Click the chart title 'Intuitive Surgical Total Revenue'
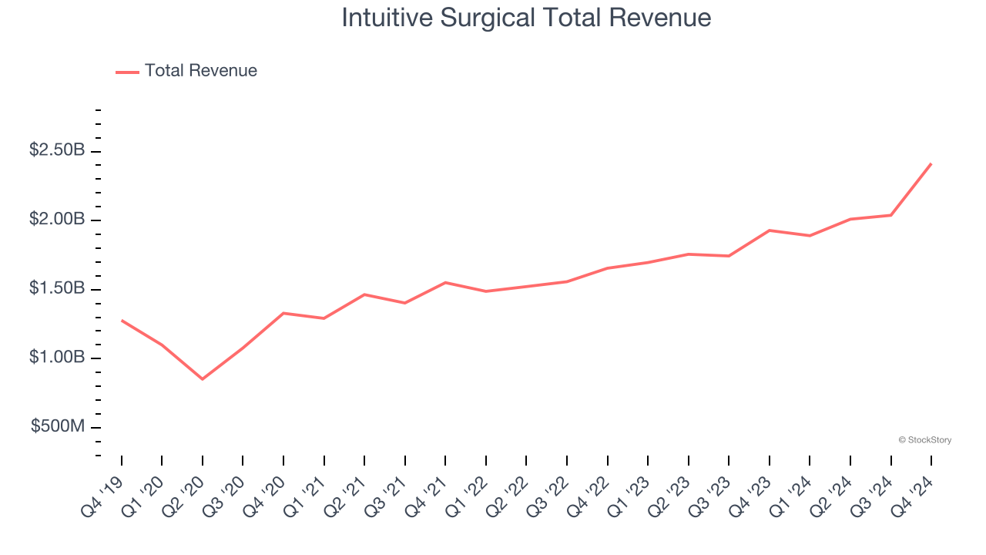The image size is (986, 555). click(x=526, y=18)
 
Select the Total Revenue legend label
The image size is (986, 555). click(x=200, y=71)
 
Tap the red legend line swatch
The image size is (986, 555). click(x=127, y=72)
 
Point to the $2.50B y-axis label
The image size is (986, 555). click(x=57, y=150)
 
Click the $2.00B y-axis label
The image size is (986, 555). click(x=57, y=220)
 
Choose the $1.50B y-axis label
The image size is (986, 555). click(x=57, y=288)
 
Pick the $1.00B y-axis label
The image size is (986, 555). click(x=57, y=358)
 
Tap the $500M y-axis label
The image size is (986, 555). click(x=58, y=426)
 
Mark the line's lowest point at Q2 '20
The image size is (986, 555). click(x=203, y=379)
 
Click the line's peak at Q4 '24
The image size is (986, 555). click(x=931, y=163)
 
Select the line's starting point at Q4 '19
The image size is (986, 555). click(x=122, y=320)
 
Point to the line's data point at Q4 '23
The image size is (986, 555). click(x=770, y=230)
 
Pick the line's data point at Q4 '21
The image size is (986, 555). click(x=445, y=282)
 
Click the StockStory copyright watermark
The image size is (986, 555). click(x=924, y=440)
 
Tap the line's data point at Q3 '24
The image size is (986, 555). click(x=891, y=215)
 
